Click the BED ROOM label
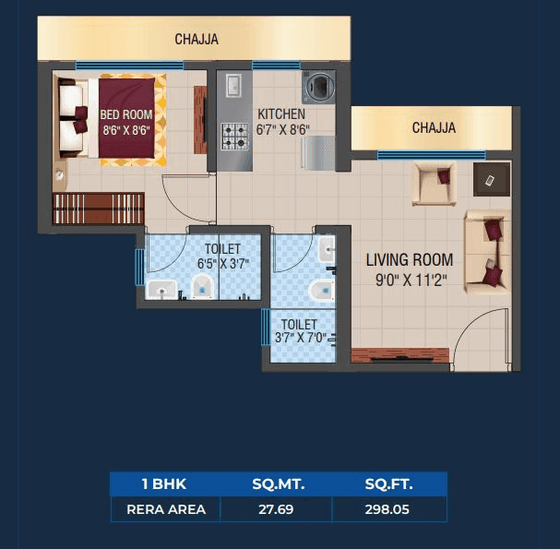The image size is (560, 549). tap(126, 114)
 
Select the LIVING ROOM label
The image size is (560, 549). tap(409, 260)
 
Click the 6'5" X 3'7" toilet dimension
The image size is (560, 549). tap(223, 264)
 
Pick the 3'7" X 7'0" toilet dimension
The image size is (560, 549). tap(300, 339)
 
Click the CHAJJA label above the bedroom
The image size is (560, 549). tap(197, 40)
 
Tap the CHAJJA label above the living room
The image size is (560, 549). tap(434, 128)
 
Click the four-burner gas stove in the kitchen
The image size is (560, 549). tap(235, 137)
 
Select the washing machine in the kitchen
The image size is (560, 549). tap(319, 88)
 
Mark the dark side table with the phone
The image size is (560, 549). tap(490, 179)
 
